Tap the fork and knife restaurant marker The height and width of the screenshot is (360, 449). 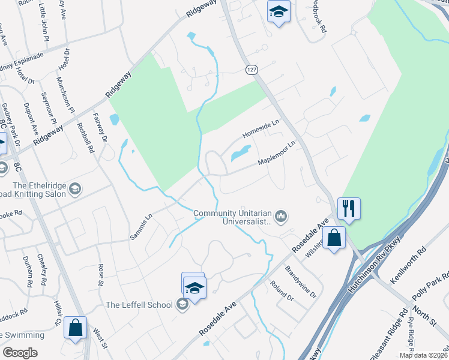pos(349,209)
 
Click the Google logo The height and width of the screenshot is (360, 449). pos(20,353)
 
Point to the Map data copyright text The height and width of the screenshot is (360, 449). pos(423,355)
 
